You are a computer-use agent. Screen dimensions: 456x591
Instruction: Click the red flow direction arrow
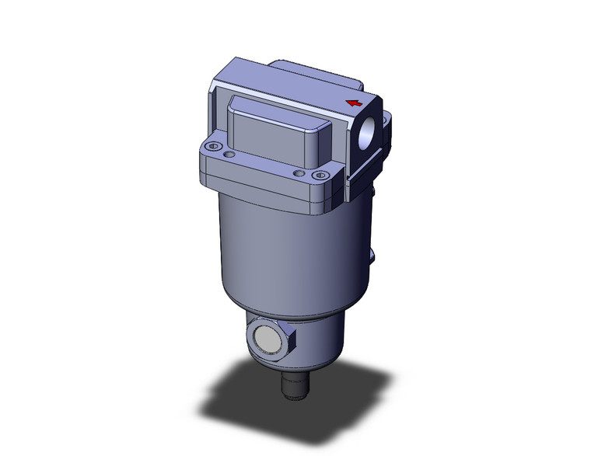click(x=354, y=103)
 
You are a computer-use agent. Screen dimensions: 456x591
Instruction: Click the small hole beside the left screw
click(x=228, y=155)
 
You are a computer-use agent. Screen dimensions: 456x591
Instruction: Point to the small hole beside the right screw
click(x=298, y=172)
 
